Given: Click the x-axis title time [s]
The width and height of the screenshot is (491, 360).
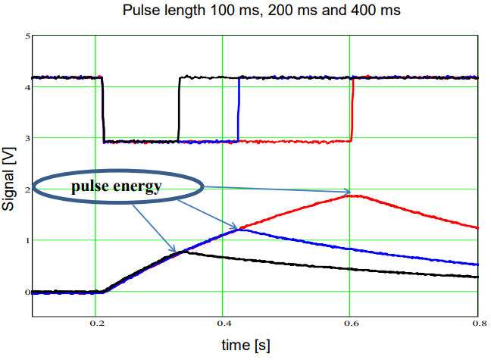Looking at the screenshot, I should [x=245, y=346].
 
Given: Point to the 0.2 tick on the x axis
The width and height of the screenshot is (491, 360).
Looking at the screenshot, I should [x=96, y=322].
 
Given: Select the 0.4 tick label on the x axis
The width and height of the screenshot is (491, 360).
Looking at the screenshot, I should [x=223, y=322].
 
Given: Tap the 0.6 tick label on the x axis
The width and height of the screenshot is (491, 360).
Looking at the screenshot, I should [x=349, y=322].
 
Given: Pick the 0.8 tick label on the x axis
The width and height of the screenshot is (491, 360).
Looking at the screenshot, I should [x=475, y=322].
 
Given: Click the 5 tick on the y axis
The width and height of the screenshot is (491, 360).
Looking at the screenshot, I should [x=27, y=36].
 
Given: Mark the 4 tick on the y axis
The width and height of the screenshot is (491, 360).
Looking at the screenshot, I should [x=27, y=87].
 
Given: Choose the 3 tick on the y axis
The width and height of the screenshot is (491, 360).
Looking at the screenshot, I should [x=27, y=138].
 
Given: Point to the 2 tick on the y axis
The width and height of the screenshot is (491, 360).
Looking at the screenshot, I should [x=27, y=189].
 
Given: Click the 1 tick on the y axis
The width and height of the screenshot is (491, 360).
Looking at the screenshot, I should [x=27, y=240].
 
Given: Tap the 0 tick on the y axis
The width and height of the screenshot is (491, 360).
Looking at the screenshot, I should [x=27, y=292].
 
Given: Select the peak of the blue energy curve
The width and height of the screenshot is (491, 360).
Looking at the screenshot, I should [x=239, y=228].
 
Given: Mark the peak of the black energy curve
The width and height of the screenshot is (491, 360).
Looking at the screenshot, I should [x=180, y=252].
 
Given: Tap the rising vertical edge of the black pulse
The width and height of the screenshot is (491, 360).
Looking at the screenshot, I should [x=179, y=108].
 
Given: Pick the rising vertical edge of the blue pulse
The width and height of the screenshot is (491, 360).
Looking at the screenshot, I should [x=239, y=108].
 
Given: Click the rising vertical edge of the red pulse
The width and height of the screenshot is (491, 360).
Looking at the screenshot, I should [x=352, y=108].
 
